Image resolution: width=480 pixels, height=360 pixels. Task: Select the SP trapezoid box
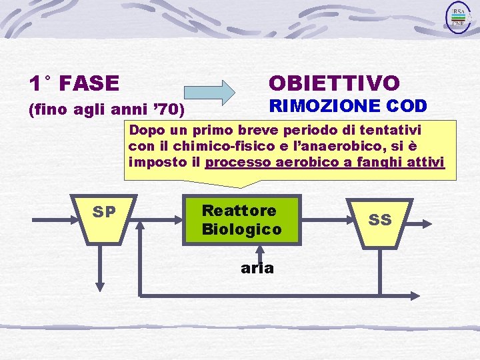[x=103, y=219]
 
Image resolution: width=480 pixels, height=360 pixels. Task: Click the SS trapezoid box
[x=380, y=220]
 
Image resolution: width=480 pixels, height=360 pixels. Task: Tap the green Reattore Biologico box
[x=241, y=220]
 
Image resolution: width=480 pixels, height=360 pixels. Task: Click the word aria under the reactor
[x=257, y=268]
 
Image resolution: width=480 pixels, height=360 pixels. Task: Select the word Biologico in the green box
[x=241, y=229]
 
